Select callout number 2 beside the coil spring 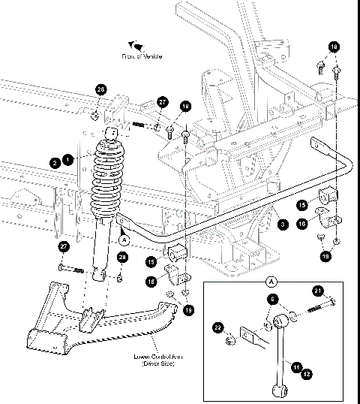(55, 161)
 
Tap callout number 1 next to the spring (68, 159)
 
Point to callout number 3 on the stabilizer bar (281, 224)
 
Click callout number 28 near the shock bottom (122, 258)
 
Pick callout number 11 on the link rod (297, 366)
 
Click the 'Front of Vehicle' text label (142, 56)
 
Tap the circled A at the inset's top (271, 282)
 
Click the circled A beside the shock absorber (124, 238)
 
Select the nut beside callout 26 (95, 115)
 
